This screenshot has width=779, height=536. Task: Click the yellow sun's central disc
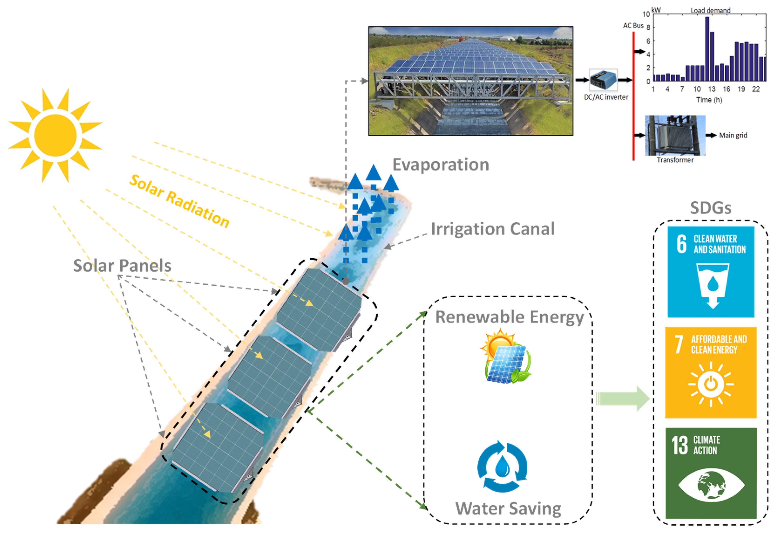[x=55, y=135]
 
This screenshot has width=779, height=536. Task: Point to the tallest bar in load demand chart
[x=707, y=49]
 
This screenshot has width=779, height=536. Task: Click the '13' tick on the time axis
[x=711, y=89]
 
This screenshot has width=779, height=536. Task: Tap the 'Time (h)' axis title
[x=709, y=100]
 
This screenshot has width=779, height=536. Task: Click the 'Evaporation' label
[x=440, y=165]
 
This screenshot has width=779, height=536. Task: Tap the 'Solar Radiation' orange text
[x=179, y=201]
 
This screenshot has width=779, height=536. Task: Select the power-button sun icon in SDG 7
[x=711, y=384]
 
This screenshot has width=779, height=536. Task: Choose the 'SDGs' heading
[x=711, y=208]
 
